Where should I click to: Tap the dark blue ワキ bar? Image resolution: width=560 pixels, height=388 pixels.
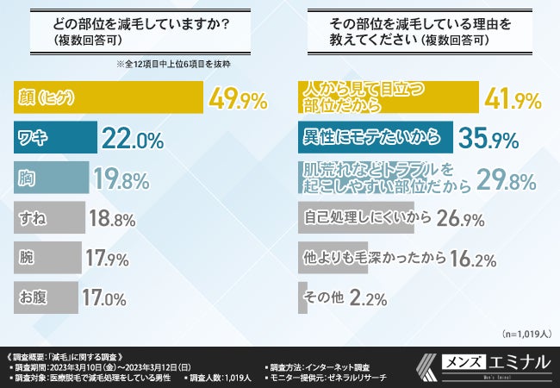(56, 138)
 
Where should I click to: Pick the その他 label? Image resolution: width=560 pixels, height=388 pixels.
(324, 297)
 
